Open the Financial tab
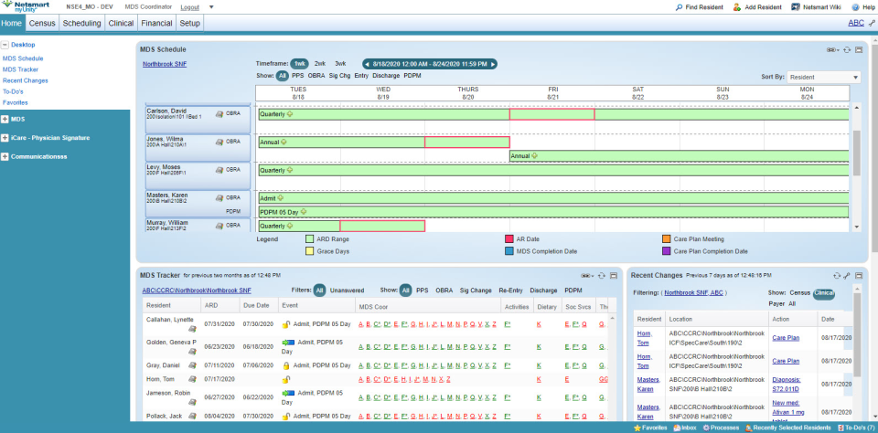click(156, 23)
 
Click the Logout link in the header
click(190, 6)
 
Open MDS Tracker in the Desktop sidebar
click(20, 69)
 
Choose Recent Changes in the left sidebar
click(26, 80)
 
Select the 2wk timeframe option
click(319, 63)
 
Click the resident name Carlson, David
click(166, 111)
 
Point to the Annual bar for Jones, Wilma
click(384, 143)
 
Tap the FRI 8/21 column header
click(553, 93)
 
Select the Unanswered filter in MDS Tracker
click(347, 290)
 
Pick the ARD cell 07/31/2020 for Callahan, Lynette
click(219, 323)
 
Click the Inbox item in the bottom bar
click(687, 428)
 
